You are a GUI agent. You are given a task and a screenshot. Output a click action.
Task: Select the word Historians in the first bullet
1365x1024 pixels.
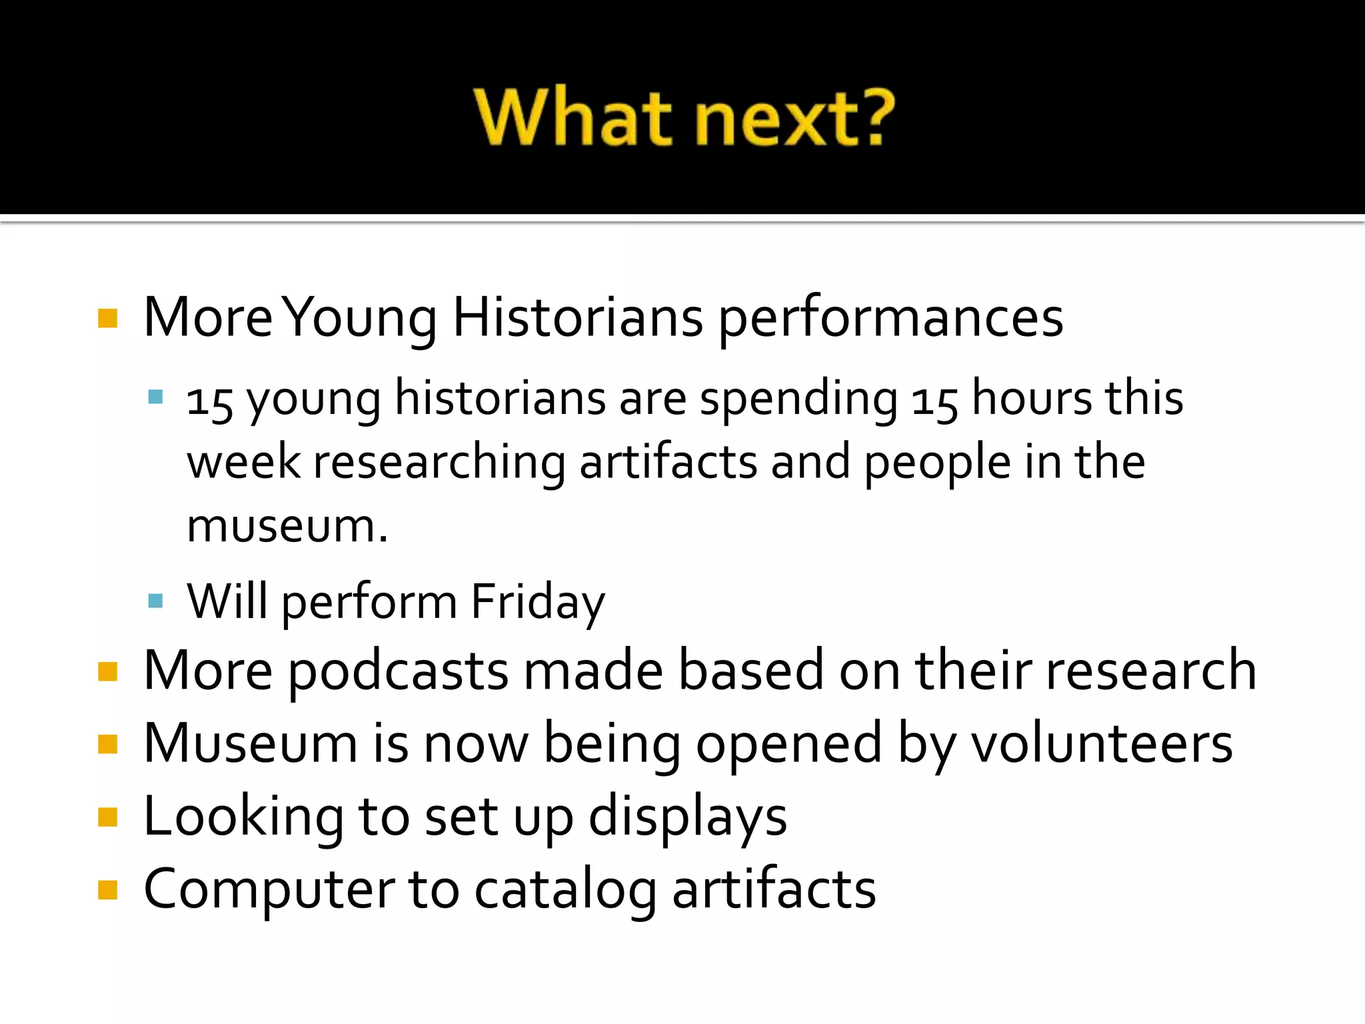[x=577, y=317]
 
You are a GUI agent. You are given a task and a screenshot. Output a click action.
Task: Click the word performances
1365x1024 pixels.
[x=890, y=319]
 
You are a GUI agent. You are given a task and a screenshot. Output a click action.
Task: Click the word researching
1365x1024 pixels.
[x=439, y=462]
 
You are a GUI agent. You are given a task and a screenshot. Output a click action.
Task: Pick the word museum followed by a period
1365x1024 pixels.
[x=287, y=526]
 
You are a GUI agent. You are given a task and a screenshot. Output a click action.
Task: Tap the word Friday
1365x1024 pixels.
[x=537, y=601]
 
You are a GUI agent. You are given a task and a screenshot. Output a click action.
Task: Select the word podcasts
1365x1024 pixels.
[x=398, y=671]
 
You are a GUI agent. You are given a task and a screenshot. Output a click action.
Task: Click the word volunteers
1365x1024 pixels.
[x=1101, y=743]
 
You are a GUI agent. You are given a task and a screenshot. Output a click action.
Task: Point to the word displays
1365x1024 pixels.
[x=687, y=817]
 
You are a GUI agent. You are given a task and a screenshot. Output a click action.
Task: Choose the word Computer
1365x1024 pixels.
[x=269, y=890]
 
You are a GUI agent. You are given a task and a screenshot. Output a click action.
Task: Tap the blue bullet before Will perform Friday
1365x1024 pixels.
[x=156, y=601]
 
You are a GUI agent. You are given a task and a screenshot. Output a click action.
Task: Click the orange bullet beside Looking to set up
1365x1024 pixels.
[x=107, y=817]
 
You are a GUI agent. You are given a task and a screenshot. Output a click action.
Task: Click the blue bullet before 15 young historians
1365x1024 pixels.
[x=156, y=398]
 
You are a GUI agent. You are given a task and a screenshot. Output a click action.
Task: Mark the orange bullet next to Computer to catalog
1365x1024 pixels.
[x=107, y=890]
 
